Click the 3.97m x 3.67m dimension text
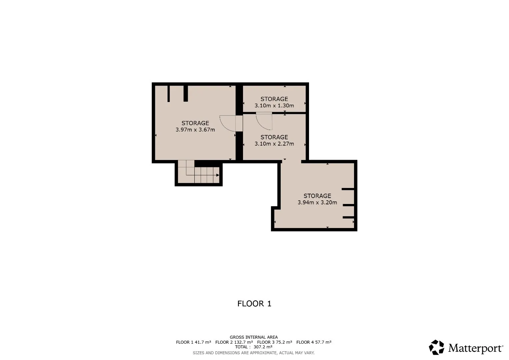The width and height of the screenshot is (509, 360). coord(195,130)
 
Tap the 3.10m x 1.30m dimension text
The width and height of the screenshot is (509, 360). coord(274,106)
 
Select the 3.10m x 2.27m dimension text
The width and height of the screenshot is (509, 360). coord(274,144)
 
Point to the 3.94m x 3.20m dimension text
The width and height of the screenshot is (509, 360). coord(317,203)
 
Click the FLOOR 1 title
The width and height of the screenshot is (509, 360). coord(254,304)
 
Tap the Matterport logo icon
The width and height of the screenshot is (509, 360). coord(437,347)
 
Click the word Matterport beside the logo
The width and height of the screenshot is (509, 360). coord(475,348)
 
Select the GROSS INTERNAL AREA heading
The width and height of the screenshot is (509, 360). coord(254,337)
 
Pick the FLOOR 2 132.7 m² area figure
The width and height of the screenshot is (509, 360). coord(234,342)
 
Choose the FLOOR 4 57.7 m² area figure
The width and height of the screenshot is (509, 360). coord(314,342)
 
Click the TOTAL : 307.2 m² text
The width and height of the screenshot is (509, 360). coord(254,347)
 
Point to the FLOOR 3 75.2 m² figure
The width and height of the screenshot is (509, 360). coord(274,342)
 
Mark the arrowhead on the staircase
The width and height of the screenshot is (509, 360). coord(217,175)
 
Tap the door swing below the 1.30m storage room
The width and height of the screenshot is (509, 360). coord(261,125)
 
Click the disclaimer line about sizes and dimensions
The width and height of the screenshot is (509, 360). coord(254,353)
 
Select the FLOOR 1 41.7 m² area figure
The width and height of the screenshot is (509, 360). coord(194,342)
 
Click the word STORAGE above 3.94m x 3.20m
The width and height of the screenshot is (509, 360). coord(317,196)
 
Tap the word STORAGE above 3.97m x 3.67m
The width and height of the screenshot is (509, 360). coord(195,123)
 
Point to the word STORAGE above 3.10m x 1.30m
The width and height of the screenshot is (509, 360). coord(274,99)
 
